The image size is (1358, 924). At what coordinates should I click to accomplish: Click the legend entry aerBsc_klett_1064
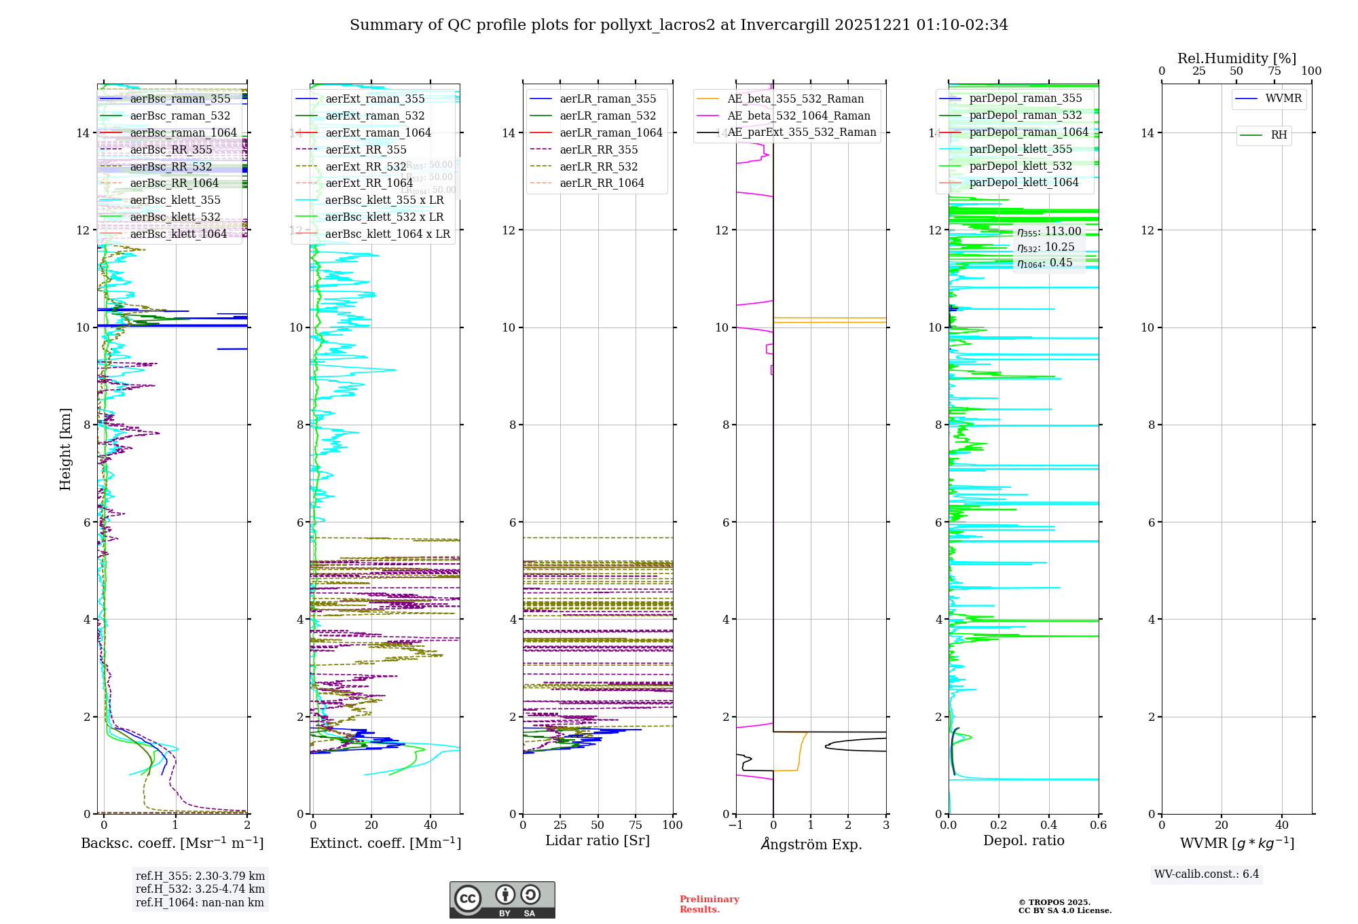[178, 234]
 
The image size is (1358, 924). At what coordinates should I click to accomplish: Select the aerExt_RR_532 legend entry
[365, 166]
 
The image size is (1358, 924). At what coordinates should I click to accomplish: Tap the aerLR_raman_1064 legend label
[610, 132]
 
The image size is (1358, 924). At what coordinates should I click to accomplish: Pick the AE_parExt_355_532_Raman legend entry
[801, 132]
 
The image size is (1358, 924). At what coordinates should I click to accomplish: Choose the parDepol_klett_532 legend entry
[1020, 166]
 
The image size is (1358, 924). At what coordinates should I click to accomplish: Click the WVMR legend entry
[1283, 99]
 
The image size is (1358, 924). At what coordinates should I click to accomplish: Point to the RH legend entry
[1279, 135]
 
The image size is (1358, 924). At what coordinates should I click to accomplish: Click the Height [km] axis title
[65, 449]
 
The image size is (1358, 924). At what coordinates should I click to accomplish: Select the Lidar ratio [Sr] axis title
[598, 840]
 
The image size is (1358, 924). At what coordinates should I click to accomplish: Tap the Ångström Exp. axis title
[811, 844]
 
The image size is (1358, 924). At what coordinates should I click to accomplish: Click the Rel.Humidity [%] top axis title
[1236, 58]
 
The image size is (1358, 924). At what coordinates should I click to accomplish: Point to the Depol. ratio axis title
[1023, 840]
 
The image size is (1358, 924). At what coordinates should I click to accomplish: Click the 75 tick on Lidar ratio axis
[636, 825]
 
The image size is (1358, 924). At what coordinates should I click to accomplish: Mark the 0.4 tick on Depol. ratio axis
[1048, 825]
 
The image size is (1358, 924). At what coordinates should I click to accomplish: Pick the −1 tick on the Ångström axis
[735, 825]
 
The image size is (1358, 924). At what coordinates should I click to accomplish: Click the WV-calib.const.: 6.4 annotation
[1206, 874]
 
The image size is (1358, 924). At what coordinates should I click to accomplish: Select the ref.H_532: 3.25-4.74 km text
[200, 889]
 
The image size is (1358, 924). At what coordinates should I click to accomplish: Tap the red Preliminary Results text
[709, 904]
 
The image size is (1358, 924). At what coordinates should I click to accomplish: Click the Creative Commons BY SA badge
[502, 900]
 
